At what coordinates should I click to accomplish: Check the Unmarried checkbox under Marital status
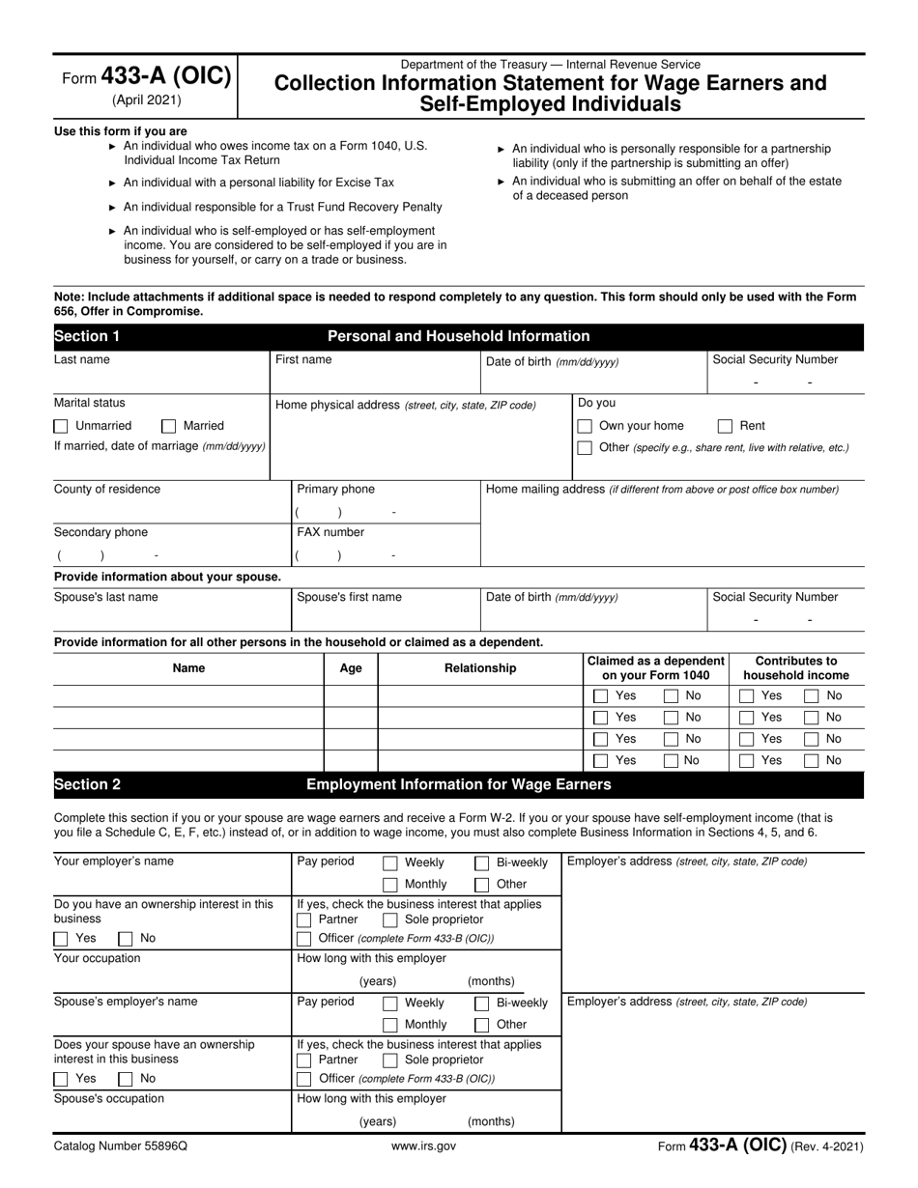click(x=61, y=426)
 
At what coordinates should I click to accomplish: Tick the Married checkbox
click(x=169, y=426)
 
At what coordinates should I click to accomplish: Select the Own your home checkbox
click(x=585, y=426)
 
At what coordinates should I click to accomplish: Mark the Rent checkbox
click(x=725, y=426)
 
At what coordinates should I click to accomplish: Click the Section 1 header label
click(x=87, y=336)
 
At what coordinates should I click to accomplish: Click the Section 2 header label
click(x=87, y=784)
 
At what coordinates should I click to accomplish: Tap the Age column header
click(x=351, y=668)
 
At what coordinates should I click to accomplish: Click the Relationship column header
click(x=480, y=668)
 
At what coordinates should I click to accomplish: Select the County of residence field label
click(x=107, y=489)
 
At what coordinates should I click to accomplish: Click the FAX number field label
click(x=330, y=532)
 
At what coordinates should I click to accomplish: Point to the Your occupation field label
click(x=97, y=958)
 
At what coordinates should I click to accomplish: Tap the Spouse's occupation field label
click(x=109, y=1098)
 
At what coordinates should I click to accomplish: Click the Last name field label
click(x=82, y=359)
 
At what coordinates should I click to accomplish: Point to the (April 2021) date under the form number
click(x=146, y=99)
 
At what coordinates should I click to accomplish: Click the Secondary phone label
click(x=100, y=532)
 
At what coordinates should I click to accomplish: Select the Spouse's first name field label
click(x=349, y=597)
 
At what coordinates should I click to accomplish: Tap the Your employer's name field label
click(x=114, y=862)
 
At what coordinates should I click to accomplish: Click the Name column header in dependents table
click(x=188, y=668)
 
